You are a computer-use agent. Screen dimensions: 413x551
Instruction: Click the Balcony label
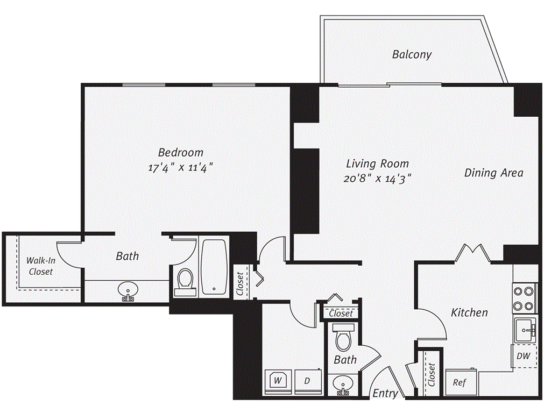[412, 54]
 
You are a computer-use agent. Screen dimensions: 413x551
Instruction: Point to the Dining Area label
[493, 173]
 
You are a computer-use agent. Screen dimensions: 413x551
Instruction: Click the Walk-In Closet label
[40, 266]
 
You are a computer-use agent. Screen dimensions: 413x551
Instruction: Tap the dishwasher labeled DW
[524, 355]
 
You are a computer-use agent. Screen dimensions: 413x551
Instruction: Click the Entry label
[385, 394]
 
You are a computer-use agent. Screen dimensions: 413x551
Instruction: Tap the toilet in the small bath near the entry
[343, 337]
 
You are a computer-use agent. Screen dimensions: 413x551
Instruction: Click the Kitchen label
[469, 312]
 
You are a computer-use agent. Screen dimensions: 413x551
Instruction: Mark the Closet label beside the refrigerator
[430, 375]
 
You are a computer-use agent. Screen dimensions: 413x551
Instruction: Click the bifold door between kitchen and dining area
[472, 253]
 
